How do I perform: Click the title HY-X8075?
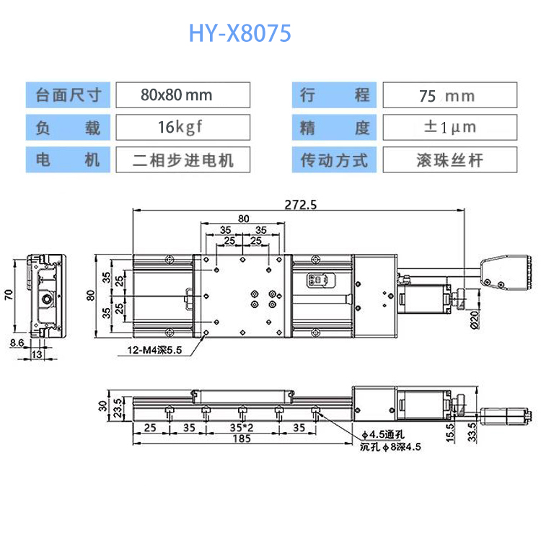click(240, 33)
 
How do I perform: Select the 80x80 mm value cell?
click(182, 95)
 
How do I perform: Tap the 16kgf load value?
click(182, 127)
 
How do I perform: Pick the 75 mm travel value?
click(448, 95)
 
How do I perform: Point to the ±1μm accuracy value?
click(448, 127)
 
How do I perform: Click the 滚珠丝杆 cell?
click(448, 159)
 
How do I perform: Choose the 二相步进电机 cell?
click(182, 159)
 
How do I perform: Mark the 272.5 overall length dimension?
click(302, 204)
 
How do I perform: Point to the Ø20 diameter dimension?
click(473, 318)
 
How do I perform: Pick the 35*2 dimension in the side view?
click(241, 427)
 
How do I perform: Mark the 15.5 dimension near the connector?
click(449, 432)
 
